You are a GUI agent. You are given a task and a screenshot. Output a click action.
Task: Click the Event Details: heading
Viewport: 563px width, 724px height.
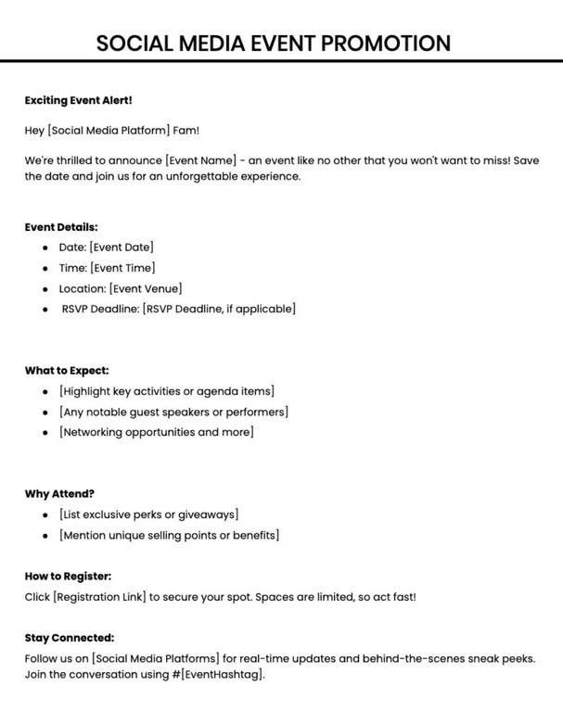(61, 226)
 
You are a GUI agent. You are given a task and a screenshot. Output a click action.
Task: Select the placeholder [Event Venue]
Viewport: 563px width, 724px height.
(146, 288)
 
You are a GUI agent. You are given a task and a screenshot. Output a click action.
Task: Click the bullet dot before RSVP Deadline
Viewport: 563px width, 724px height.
(45, 309)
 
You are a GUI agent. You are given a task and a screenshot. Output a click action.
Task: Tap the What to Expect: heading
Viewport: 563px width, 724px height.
(67, 370)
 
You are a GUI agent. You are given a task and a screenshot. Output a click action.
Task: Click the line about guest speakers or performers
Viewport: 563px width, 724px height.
(173, 412)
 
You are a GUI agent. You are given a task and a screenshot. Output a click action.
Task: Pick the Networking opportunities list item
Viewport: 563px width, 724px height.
(156, 432)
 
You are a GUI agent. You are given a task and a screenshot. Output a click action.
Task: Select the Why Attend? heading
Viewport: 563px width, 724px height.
(59, 493)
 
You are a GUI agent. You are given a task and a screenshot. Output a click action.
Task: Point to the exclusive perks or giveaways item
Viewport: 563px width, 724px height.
(148, 514)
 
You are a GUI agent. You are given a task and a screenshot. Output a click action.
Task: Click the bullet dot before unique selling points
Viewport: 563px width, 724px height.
(45, 535)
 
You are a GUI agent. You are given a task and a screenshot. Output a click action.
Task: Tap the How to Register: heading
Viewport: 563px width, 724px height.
(68, 576)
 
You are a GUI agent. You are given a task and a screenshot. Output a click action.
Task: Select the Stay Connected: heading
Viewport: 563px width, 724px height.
(70, 638)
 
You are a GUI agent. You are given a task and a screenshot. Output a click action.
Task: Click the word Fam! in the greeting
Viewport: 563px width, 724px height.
(186, 131)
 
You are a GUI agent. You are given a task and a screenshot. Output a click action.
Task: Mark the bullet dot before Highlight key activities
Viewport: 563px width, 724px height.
(45, 391)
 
